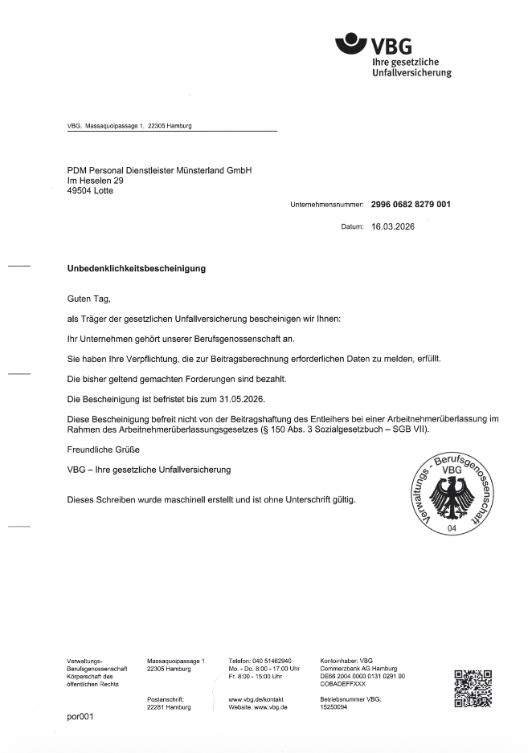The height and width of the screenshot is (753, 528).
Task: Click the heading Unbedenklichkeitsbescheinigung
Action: point(136,268)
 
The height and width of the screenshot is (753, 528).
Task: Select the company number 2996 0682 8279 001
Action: point(411,205)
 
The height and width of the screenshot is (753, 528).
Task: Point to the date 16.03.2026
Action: point(393,227)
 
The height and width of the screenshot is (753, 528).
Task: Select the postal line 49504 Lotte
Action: point(90,191)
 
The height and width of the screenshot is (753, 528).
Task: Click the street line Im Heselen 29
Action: point(95,181)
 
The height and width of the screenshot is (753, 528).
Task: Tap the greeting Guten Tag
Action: point(86,298)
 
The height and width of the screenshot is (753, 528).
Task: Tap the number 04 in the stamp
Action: point(452,528)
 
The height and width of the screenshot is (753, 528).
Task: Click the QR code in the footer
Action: point(473,689)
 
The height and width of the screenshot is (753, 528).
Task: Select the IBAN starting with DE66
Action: point(362,677)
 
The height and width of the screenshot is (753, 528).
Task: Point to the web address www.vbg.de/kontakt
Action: point(256,699)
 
